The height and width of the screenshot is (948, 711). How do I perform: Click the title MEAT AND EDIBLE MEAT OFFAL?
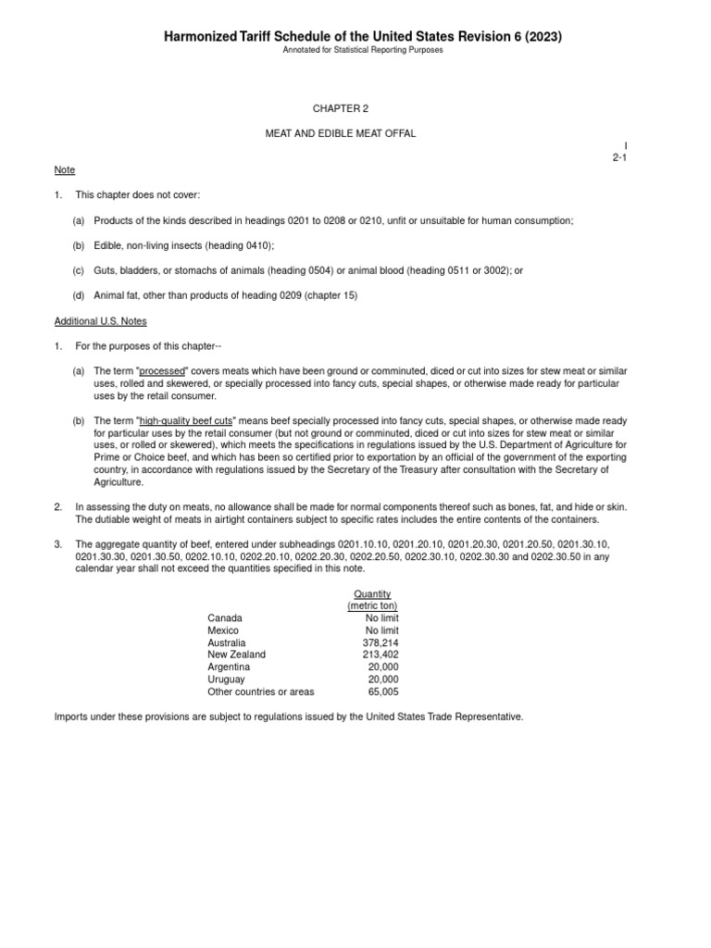[x=341, y=133]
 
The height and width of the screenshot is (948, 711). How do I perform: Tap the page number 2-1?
[x=620, y=158]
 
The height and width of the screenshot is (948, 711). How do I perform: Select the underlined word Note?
[x=64, y=170]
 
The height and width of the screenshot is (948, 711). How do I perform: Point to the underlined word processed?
[x=163, y=370]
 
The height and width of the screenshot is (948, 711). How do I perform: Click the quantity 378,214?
[x=381, y=642]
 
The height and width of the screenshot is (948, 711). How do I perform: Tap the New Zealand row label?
[x=236, y=654]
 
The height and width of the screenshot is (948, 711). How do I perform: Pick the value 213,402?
[x=381, y=654]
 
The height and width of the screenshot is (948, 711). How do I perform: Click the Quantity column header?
[x=372, y=592]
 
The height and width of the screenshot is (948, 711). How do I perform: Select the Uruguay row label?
[x=226, y=679]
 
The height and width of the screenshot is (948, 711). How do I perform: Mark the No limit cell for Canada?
[x=382, y=617]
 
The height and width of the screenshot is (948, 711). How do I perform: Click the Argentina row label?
[x=229, y=667]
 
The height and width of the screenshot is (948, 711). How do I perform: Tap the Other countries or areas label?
[x=261, y=691]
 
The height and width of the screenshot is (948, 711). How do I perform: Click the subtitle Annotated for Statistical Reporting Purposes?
[x=363, y=50]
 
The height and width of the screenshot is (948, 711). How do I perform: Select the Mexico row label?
[x=223, y=630]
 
